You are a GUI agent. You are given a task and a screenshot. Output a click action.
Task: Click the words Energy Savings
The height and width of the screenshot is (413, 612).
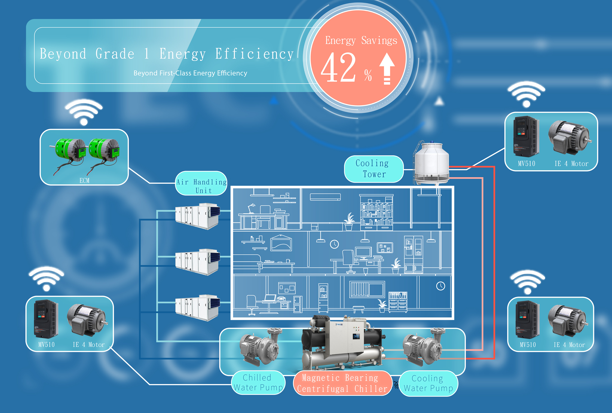[361, 41]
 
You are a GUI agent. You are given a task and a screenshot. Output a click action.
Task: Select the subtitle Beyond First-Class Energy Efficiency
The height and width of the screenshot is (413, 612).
[190, 73]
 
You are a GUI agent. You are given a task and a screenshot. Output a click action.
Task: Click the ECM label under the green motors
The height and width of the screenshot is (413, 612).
[84, 180]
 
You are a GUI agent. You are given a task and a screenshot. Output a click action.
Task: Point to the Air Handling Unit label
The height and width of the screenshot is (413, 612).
[201, 186]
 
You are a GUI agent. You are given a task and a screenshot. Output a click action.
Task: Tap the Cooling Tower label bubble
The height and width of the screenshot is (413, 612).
[373, 169]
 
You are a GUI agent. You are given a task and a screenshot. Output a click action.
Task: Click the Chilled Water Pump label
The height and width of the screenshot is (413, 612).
[258, 382]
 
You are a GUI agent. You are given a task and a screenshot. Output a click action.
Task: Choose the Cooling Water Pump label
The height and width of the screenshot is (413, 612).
[428, 383]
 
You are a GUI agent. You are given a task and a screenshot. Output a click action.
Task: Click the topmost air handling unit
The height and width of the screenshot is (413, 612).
[197, 216]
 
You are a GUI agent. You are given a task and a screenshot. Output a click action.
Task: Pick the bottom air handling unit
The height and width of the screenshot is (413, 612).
[197, 308]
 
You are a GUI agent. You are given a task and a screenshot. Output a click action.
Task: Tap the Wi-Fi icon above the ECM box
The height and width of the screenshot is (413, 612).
[84, 112]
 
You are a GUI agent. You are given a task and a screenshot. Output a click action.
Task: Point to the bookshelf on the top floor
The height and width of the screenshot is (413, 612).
[376, 212]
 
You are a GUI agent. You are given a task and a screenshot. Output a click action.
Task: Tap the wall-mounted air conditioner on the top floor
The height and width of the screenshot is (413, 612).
[325, 197]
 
